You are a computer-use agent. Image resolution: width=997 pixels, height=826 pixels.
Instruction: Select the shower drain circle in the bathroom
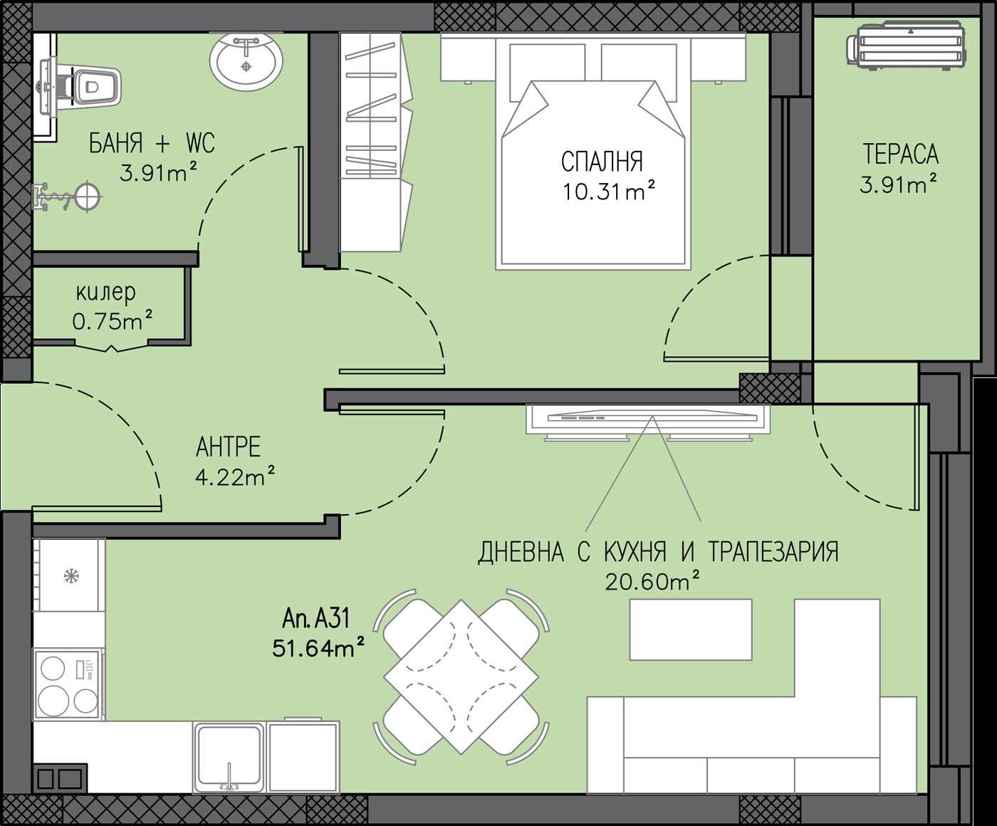(87, 196)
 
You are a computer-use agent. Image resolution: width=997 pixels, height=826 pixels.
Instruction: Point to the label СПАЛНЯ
(602, 162)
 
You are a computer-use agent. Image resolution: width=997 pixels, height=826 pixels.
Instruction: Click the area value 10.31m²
(608, 192)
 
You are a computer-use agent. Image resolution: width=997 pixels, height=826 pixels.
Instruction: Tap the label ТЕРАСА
(900, 154)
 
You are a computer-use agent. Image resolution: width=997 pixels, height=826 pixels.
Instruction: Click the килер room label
(105, 293)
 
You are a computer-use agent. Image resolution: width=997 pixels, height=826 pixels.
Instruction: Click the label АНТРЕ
(228, 447)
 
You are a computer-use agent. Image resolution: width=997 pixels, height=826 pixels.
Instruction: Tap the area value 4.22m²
(235, 476)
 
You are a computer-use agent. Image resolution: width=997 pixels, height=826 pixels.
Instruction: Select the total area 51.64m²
(318, 648)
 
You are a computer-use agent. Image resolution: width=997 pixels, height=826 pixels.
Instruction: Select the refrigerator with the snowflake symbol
(69, 575)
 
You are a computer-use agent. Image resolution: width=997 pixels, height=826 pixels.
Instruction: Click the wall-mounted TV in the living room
(648, 420)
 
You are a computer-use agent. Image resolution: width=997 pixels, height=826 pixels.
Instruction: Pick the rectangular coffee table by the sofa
(690, 630)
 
